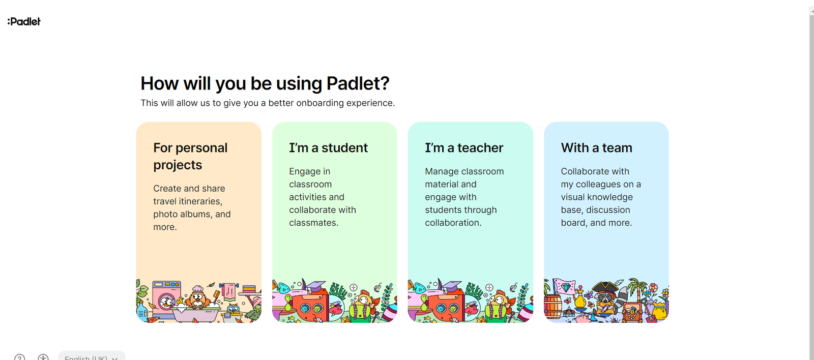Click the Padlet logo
point(24,22)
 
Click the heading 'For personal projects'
point(190,156)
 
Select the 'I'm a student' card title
point(329,148)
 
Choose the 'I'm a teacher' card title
point(464,148)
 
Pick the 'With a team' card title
point(596,148)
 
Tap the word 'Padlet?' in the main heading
point(358,83)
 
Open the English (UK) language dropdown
point(92,356)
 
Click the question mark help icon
point(20,357)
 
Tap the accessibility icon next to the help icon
point(43,357)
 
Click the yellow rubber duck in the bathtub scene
point(180,301)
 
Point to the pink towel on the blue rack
point(229,291)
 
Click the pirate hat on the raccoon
point(605,287)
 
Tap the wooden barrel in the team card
point(553,307)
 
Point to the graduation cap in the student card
point(315,287)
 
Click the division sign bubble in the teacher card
point(489,288)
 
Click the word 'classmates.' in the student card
point(313,223)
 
